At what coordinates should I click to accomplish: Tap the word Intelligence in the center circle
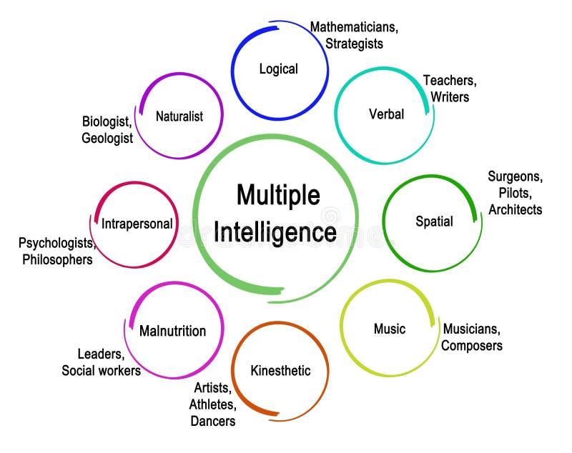[x=275, y=232]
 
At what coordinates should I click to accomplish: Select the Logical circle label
[x=278, y=69]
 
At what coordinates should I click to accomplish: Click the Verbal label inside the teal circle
[x=386, y=114]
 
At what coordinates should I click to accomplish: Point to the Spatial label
[x=434, y=221]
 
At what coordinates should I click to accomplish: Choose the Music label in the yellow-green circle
[x=389, y=329]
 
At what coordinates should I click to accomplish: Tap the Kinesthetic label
[x=280, y=370]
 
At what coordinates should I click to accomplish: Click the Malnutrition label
[x=172, y=331]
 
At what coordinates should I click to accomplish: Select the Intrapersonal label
[x=137, y=224]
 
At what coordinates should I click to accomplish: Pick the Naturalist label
[x=179, y=116]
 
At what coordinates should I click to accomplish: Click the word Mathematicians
[x=353, y=27]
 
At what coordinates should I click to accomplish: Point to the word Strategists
[x=354, y=44]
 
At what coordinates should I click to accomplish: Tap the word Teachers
[x=449, y=80]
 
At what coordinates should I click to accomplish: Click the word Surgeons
[x=515, y=176]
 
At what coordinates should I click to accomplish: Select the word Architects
[x=515, y=209]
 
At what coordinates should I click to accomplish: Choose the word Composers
[x=471, y=346]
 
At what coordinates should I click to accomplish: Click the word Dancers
[x=212, y=421]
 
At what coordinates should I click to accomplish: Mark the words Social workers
[x=101, y=370]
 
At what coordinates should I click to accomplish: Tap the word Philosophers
[x=57, y=259]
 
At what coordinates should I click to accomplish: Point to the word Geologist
[x=107, y=138]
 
